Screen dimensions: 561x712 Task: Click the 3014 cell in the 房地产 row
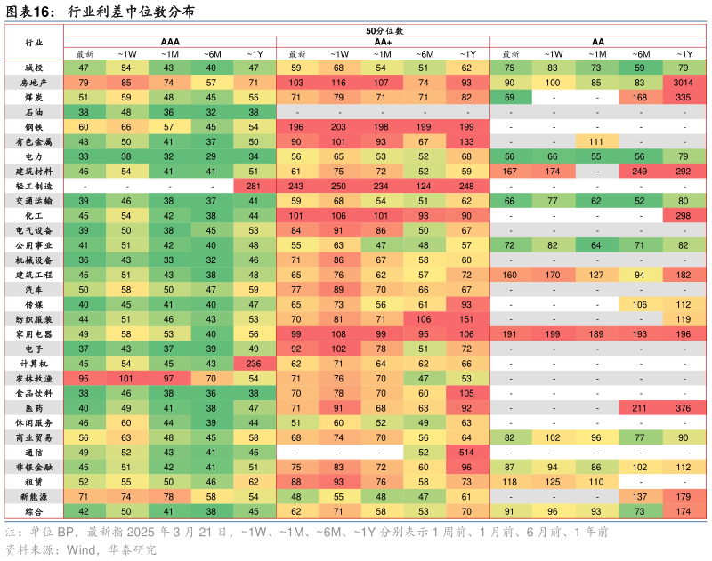tap(684, 83)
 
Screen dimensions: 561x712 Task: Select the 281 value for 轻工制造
tap(255, 186)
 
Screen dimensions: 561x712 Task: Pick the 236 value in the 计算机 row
tap(255, 363)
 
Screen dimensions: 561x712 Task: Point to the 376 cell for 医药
tap(684, 407)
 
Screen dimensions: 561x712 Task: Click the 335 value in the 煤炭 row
tap(684, 98)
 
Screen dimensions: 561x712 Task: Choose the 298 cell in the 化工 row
tap(684, 216)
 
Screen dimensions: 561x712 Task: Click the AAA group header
tap(169, 42)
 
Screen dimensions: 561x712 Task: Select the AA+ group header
tap(384, 42)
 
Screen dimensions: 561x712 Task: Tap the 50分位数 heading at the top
tap(384, 30)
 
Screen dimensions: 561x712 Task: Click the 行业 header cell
tap(34, 42)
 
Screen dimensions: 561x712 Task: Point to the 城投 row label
tap(34, 68)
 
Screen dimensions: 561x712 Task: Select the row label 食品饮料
tap(34, 392)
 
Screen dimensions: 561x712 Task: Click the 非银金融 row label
tap(34, 466)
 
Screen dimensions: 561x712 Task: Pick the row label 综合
tap(34, 510)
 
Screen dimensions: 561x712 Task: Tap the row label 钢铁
tap(34, 127)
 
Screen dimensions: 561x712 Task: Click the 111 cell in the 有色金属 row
tap(597, 142)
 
